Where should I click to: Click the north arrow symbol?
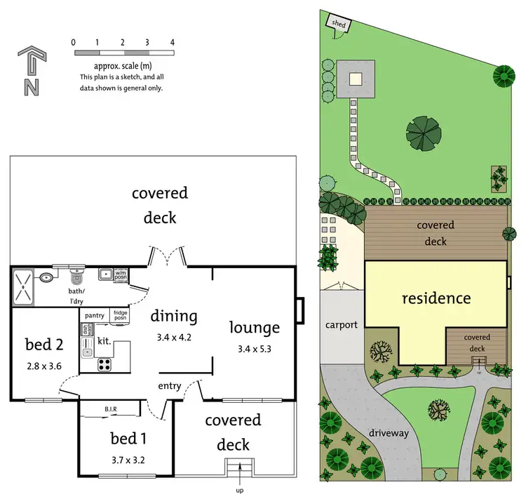click(x=30, y=70)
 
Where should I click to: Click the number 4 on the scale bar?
click(x=172, y=43)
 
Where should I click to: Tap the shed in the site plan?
click(x=339, y=25)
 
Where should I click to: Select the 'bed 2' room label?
click(x=43, y=344)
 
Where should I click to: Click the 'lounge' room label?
click(x=255, y=327)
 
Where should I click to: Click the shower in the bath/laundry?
click(x=24, y=286)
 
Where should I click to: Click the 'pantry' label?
click(x=95, y=316)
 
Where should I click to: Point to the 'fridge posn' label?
click(x=121, y=316)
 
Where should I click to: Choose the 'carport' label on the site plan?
click(x=341, y=325)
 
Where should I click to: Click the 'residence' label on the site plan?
click(x=436, y=298)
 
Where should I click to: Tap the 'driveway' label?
click(x=389, y=433)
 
